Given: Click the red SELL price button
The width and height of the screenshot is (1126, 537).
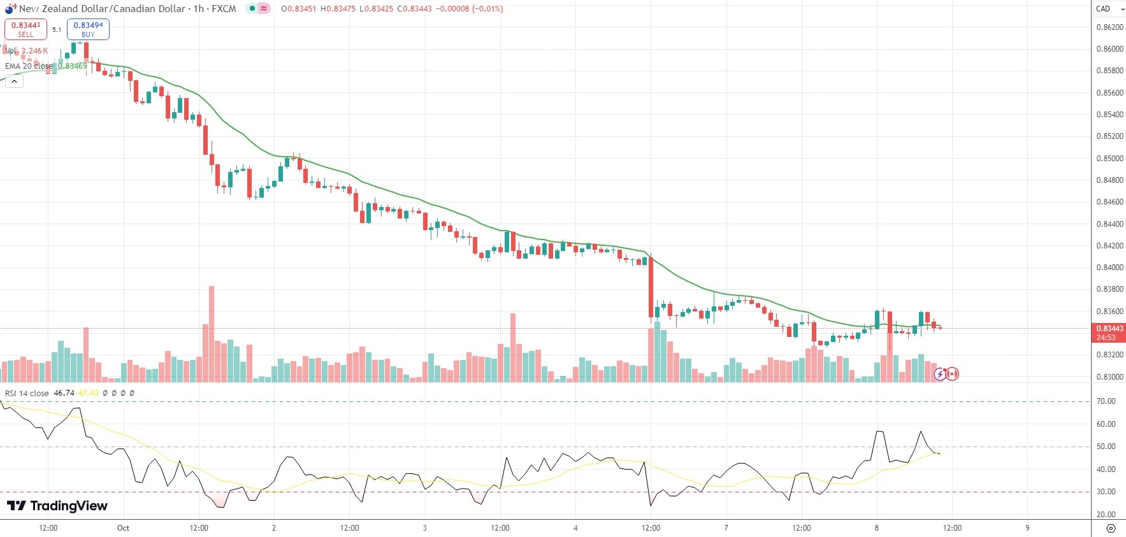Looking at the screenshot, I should [x=25, y=29].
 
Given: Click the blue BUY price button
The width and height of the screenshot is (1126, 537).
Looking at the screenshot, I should [x=88, y=29].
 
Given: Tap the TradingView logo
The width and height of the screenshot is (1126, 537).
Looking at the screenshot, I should [x=57, y=506].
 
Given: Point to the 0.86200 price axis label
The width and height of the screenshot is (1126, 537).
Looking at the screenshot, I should [x=1109, y=27].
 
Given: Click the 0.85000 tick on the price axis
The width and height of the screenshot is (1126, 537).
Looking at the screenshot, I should [x=1109, y=159].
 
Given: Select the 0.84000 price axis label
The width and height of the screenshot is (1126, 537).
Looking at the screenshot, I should [x=1109, y=268].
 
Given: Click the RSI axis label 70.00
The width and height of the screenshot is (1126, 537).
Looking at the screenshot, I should [x=1106, y=401].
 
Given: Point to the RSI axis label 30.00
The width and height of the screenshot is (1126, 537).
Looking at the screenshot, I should [x=1106, y=492].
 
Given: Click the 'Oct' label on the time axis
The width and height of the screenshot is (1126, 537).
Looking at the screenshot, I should [x=123, y=528].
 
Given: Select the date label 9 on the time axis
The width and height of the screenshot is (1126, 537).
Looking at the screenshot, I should [x=1027, y=528].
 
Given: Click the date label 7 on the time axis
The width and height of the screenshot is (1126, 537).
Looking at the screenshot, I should [x=726, y=528].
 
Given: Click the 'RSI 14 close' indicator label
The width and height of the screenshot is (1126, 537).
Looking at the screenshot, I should [x=27, y=393].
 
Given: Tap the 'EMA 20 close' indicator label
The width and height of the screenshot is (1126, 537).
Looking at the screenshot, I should [x=29, y=66].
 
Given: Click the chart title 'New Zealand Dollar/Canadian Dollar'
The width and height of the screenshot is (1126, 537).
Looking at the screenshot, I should [x=102, y=9].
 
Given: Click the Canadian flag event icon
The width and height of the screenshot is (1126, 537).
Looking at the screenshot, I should [x=952, y=374].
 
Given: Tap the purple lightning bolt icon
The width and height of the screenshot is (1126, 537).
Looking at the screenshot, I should [x=940, y=374].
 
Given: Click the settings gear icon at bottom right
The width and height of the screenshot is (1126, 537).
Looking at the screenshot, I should [x=1111, y=528].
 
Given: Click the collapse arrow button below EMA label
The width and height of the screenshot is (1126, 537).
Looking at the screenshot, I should [x=14, y=81].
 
